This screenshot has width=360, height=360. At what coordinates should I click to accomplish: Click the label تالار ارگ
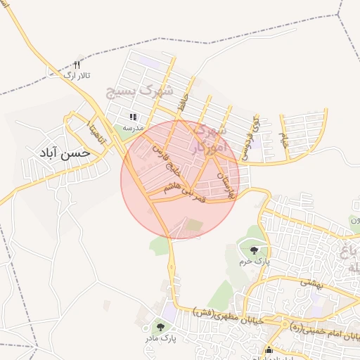[77, 75]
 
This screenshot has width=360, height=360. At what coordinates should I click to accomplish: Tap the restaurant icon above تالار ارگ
[77, 63]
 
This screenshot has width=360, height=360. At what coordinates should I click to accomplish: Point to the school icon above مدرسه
[132, 117]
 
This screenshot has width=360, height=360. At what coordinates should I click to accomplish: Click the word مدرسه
[133, 128]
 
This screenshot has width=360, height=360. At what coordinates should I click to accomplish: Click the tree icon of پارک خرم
[253, 250]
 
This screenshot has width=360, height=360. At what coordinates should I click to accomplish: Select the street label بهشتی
[309, 281]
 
